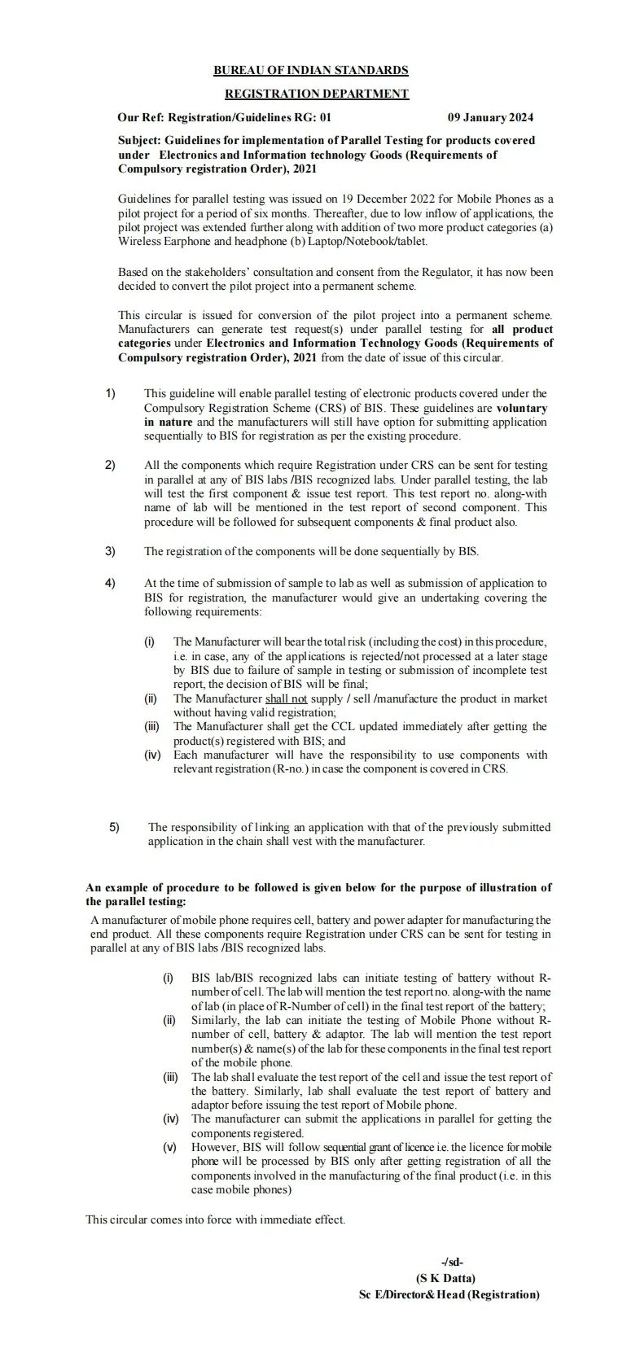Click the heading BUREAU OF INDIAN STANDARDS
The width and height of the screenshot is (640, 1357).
pyautogui.click(x=310, y=71)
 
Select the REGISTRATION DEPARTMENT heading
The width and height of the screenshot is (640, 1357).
pyautogui.click(x=316, y=94)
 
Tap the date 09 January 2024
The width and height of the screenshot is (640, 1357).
pyautogui.click(x=490, y=118)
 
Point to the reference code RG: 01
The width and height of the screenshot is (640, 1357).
pyautogui.click(x=313, y=118)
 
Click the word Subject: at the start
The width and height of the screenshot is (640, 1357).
pyautogui.click(x=139, y=140)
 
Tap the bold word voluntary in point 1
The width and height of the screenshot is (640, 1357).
pyautogui.click(x=522, y=408)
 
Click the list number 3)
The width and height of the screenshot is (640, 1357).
pyautogui.click(x=110, y=551)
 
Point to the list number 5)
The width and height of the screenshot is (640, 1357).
pyautogui.click(x=114, y=827)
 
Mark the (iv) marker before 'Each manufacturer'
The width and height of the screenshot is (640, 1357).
pyautogui.click(x=152, y=755)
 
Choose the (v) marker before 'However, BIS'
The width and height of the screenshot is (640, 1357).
pyautogui.click(x=169, y=1147)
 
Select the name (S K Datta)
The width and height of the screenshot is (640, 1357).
pyautogui.click(x=445, y=1278)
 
